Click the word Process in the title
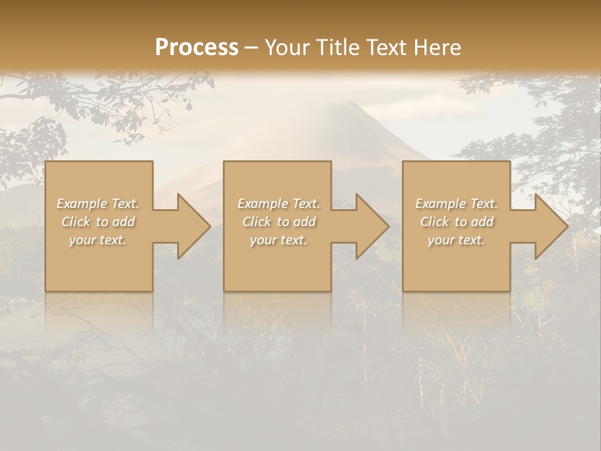click(x=197, y=48)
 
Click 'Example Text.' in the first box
click(x=98, y=204)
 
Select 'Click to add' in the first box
click(x=98, y=222)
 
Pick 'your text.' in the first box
click(x=98, y=240)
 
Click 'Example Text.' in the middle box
click(x=279, y=204)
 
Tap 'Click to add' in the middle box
click(x=279, y=222)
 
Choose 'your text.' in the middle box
click(x=279, y=240)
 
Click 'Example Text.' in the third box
click(x=456, y=204)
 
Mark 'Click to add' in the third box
click(x=456, y=222)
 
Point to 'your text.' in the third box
click(x=456, y=240)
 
